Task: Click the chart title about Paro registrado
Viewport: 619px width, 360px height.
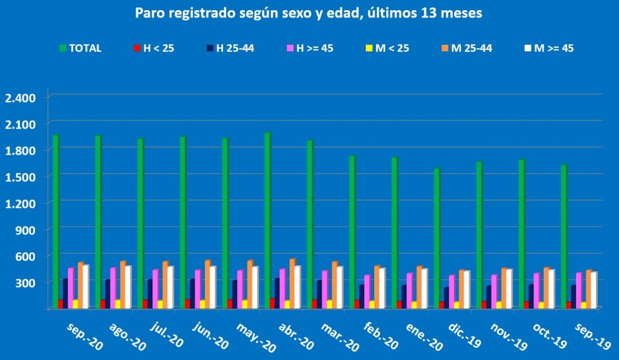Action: pos(309,13)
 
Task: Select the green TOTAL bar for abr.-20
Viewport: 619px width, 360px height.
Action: pos(267,220)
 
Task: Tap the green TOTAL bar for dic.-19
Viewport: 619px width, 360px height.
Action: pos(436,239)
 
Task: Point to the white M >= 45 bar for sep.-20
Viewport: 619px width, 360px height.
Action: pos(86,286)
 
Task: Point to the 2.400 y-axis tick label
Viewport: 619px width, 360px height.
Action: pos(20,98)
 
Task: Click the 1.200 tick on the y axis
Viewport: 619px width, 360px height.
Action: pos(20,203)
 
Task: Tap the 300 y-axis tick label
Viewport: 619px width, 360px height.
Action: pos(25,283)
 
